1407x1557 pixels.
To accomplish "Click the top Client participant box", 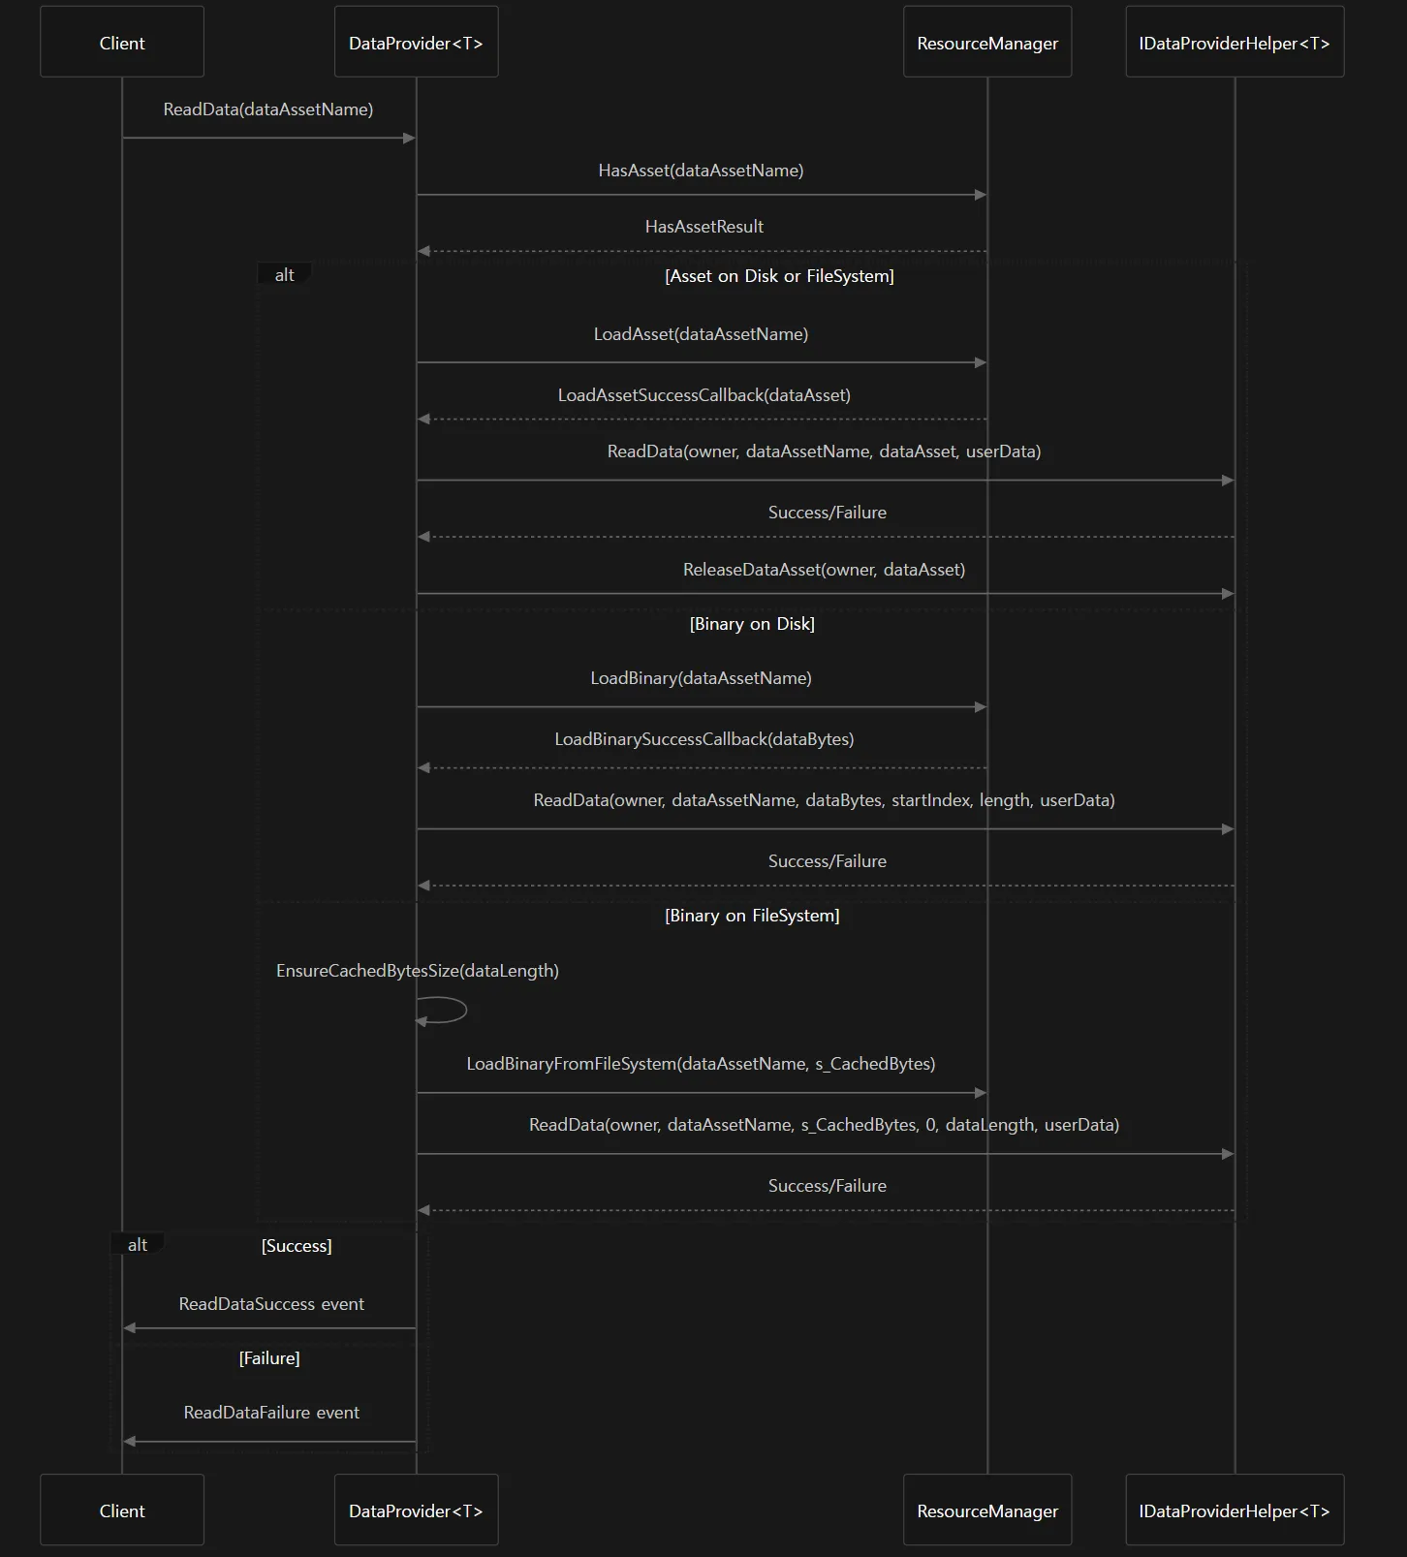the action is (x=122, y=42).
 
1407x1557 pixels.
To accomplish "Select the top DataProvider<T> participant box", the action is (x=417, y=42).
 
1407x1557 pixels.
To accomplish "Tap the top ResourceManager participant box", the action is (x=987, y=42).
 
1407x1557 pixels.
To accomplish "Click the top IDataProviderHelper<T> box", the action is (x=1235, y=42).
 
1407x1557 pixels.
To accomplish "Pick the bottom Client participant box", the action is (x=122, y=1510).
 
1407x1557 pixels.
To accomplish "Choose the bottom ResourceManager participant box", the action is (x=987, y=1510).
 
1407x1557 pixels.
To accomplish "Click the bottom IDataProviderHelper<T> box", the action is (x=1235, y=1510).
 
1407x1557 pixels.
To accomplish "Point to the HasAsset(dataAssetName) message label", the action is (x=701, y=171).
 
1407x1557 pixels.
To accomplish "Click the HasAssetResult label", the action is (x=704, y=227).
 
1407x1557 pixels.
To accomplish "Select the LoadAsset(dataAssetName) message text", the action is (x=701, y=334).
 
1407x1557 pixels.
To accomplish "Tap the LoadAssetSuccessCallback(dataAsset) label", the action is (x=704, y=395).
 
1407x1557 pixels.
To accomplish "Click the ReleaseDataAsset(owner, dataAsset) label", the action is (x=825, y=570).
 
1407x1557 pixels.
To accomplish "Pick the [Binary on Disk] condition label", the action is (x=752, y=624).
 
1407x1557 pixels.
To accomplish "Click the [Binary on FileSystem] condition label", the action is (x=752, y=916).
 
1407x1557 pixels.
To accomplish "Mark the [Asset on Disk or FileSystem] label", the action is (x=779, y=276).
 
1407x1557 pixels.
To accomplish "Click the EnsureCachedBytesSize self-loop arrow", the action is (x=466, y=1010).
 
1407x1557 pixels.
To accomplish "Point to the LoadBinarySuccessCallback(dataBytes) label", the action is (x=704, y=739).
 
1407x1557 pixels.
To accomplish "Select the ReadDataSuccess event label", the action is (x=271, y=1304).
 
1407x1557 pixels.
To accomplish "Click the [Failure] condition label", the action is (x=269, y=1358).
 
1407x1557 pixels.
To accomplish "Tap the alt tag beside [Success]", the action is (x=138, y=1245).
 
